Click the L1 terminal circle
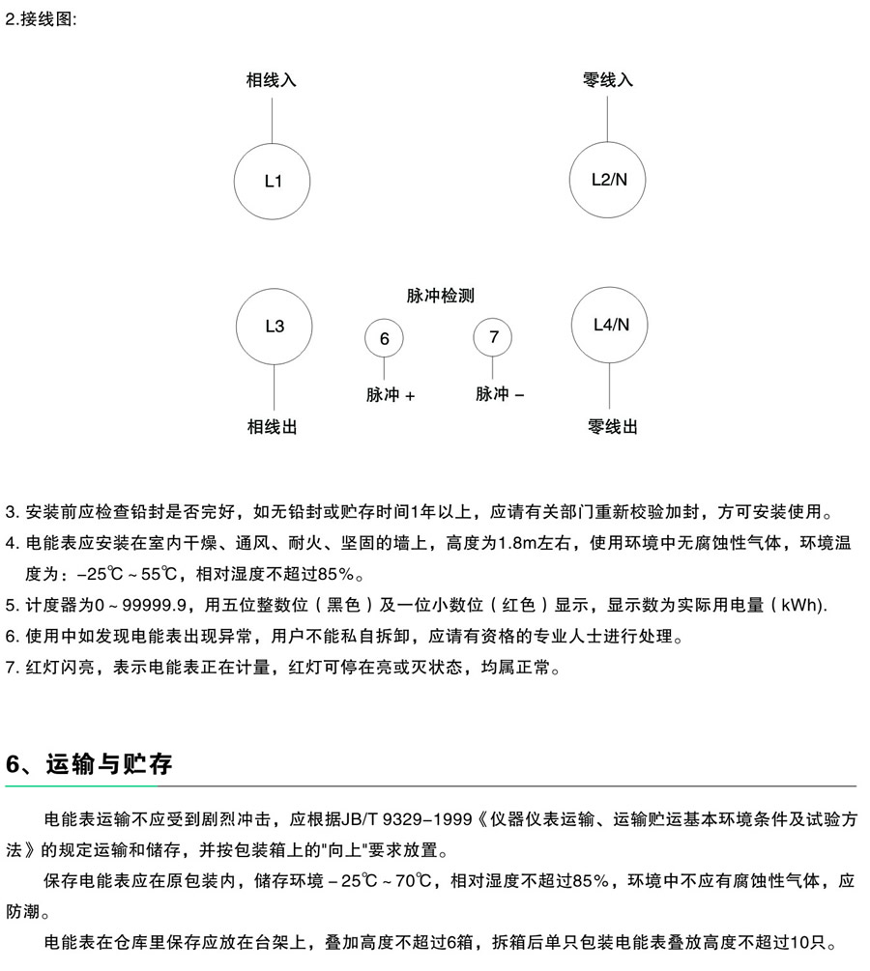(274, 181)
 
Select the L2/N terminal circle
(608, 179)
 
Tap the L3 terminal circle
(275, 326)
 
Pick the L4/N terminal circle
(610, 325)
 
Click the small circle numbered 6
(384, 338)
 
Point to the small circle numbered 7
(493, 336)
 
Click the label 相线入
(272, 80)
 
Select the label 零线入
(608, 80)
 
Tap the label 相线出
(273, 426)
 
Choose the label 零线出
(613, 426)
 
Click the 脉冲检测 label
(440, 296)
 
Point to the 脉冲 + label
(391, 395)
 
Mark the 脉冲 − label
(500, 394)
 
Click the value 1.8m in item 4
(517, 545)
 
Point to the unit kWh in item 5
(801, 606)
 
